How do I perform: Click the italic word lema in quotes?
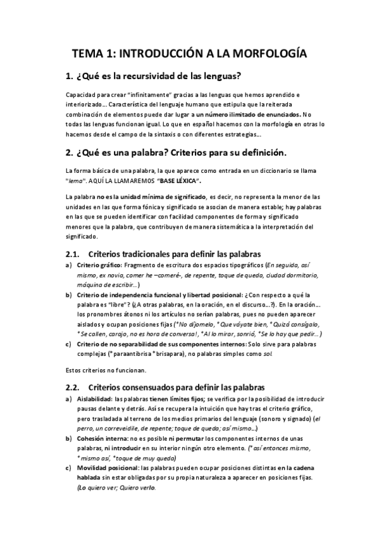[75, 180]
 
